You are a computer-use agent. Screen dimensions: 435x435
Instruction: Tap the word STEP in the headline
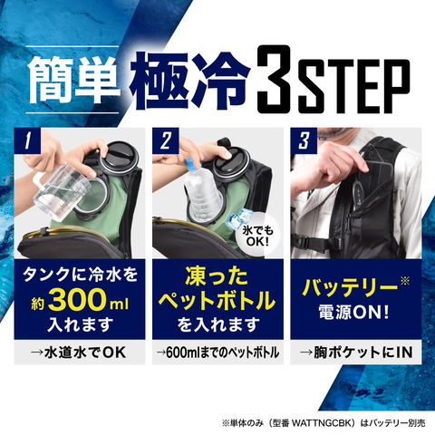point(354,84)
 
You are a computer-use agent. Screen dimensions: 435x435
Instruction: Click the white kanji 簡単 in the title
point(74,79)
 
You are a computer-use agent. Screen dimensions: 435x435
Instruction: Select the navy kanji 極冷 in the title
point(190,80)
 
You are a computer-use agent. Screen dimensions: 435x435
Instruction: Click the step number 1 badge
point(27,140)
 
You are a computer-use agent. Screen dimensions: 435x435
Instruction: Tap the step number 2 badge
point(165,140)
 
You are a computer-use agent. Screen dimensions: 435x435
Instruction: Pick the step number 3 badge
point(304,140)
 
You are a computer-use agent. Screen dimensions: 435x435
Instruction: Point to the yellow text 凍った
point(217,276)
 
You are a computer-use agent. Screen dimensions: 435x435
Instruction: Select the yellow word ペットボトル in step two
point(217,301)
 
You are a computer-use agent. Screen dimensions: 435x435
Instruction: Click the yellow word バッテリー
point(350,287)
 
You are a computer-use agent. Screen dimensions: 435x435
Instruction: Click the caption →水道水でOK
point(79,353)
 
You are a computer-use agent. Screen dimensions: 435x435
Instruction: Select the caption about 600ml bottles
point(217,353)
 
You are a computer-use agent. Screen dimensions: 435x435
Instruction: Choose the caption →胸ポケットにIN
point(356,353)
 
